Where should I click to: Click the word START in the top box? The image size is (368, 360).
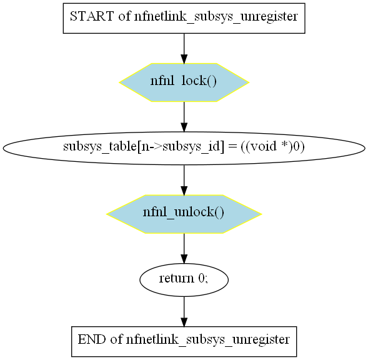click(x=92, y=16)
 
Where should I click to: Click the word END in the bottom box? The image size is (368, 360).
click(x=91, y=339)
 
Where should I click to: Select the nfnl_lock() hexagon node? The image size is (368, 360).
click(x=184, y=82)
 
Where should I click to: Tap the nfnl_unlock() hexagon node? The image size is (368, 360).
click(x=184, y=214)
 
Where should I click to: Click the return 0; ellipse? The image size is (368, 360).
click(x=184, y=279)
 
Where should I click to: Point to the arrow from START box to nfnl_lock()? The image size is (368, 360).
click(x=184, y=48)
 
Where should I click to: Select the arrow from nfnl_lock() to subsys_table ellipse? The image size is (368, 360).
click(x=184, y=117)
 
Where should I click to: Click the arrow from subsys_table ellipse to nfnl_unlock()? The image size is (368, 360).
click(x=184, y=180)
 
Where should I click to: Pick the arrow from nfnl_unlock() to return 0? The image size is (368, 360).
click(x=184, y=248)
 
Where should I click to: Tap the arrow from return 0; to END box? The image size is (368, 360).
click(x=184, y=311)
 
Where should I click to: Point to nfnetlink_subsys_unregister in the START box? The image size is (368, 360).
click(x=216, y=17)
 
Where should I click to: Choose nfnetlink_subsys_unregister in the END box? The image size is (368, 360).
click(x=208, y=340)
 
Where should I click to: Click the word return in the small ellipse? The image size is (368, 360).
click(x=176, y=279)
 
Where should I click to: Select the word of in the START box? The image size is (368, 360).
click(x=124, y=16)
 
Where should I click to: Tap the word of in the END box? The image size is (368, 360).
click(x=116, y=339)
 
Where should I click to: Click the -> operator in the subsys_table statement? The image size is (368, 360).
click(x=155, y=147)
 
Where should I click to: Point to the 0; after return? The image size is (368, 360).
click(x=203, y=279)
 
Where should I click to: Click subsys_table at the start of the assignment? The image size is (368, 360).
click(x=100, y=147)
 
